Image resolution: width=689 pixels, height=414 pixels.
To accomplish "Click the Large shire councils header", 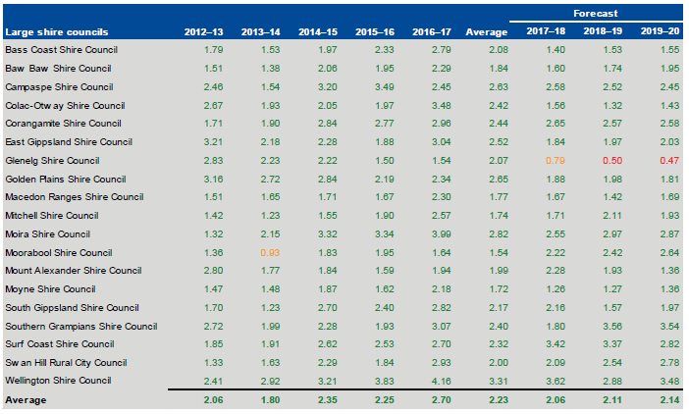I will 58,32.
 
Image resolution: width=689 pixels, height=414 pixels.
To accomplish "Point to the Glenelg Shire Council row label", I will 53,160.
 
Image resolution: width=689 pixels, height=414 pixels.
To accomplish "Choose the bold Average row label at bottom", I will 26,400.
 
